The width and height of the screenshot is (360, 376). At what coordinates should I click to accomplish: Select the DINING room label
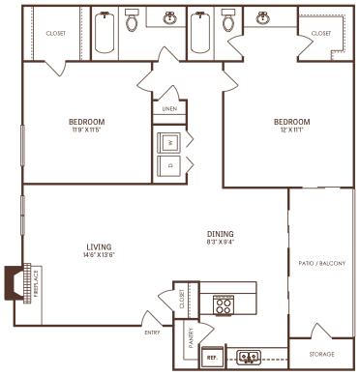click(221, 234)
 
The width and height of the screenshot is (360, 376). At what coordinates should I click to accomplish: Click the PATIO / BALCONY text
click(322, 262)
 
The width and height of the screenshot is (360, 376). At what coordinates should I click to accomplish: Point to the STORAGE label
click(323, 354)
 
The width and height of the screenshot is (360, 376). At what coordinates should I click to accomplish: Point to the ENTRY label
click(152, 332)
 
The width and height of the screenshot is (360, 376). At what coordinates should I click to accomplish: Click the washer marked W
click(169, 141)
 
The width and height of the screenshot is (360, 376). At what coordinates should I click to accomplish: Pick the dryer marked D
click(169, 164)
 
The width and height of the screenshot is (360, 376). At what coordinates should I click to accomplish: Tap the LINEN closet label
click(170, 108)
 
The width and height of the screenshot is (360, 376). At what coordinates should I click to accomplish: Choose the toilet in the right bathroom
click(227, 22)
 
